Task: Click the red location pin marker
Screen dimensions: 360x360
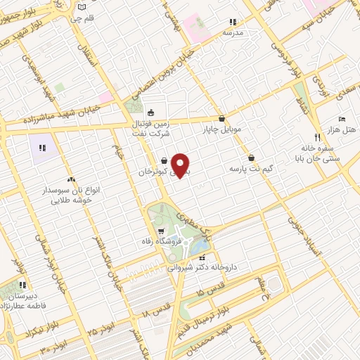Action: [181, 165]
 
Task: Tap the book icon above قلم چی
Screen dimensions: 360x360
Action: [83, 6]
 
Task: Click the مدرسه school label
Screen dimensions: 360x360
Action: [233, 32]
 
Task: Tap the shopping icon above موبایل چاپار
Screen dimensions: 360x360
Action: [223, 118]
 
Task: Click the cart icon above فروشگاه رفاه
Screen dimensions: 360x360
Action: [161, 230]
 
